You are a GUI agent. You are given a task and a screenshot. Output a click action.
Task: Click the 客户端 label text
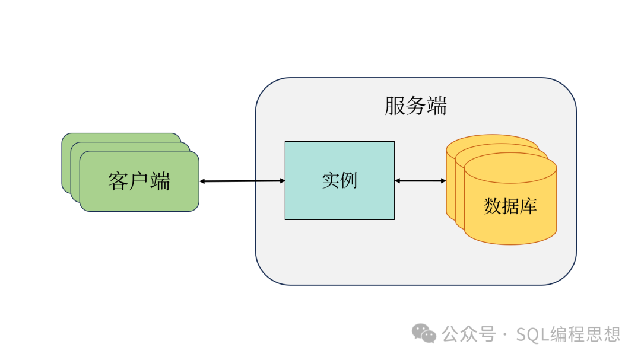tap(139, 181)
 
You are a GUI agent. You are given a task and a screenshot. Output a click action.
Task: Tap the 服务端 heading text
tap(415, 106)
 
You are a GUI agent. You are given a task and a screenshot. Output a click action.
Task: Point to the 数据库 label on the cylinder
tap(510, 206)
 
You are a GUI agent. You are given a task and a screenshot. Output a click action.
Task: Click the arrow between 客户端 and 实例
tap(242, 181)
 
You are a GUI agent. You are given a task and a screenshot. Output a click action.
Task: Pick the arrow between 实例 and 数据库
tap(420, 180)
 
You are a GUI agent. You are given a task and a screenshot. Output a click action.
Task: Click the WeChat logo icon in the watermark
tap(424, 333)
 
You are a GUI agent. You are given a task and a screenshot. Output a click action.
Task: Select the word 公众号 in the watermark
tap(469, 334)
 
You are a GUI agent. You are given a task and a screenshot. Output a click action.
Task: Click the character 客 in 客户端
tap(118, 181)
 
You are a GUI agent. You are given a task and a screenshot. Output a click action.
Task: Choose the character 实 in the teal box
tap(331, 180)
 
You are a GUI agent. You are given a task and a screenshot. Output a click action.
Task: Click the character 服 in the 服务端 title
tap(395, 106)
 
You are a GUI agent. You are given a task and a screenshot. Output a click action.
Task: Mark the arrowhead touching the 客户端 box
tap(203, 181)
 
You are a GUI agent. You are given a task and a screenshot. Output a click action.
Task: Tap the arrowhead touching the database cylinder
tap(443, 180)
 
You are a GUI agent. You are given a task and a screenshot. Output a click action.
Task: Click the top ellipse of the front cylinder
tap(510, 167)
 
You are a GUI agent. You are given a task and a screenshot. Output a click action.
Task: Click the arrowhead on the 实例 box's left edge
tap(282, 181)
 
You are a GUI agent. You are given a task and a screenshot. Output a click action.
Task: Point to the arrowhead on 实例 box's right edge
tap(398, 180)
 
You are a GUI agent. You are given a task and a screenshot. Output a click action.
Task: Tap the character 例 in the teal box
tap(348, 180)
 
